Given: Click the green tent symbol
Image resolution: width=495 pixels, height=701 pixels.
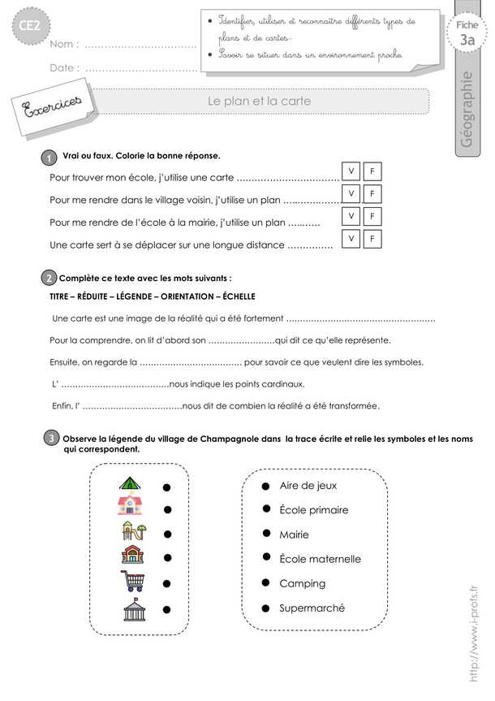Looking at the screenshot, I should [x=130, y=485].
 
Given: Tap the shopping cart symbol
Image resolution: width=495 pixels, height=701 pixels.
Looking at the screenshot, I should [x=131, y=582].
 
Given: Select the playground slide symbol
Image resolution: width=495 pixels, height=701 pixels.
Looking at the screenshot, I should [x=133, y=531].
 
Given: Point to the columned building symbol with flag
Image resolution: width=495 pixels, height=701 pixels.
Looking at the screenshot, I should [x=133, y=608].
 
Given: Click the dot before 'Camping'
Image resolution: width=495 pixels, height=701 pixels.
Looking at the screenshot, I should [x=265, y=583].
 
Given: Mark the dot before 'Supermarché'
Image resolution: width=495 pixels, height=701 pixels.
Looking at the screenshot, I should [x=265, y=608].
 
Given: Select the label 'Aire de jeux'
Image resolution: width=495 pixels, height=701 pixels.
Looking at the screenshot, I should [x=308, y=486].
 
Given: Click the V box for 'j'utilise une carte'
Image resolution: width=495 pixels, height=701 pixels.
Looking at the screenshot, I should [x=351, y=171].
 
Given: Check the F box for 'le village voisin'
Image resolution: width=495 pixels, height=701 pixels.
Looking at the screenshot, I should [x=372, y=194].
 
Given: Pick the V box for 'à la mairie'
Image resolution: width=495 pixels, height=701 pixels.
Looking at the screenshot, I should [x=351, y=217].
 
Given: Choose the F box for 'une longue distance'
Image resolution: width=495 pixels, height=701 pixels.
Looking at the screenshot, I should [x=372, y=239].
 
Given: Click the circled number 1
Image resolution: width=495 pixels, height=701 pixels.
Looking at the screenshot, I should [x=49, y=158].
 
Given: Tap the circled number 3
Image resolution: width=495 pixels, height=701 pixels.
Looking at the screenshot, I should [x=51, y=439].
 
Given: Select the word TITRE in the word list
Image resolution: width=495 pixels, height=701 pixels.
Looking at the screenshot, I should [x=62, y=296].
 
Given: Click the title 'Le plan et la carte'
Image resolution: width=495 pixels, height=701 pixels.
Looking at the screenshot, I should [x=259, y=102].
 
